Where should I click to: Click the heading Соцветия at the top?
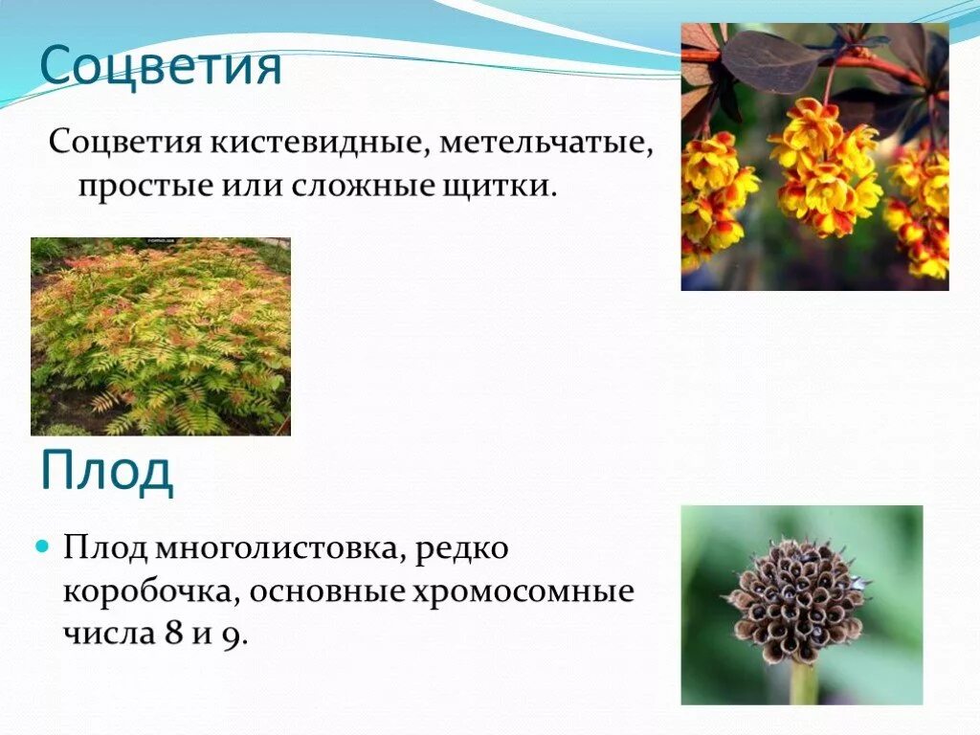pos(161,67)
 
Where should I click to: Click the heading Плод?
pos(106,471)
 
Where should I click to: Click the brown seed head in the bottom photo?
pos(796,599)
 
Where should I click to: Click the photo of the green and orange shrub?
pos(161,337)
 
